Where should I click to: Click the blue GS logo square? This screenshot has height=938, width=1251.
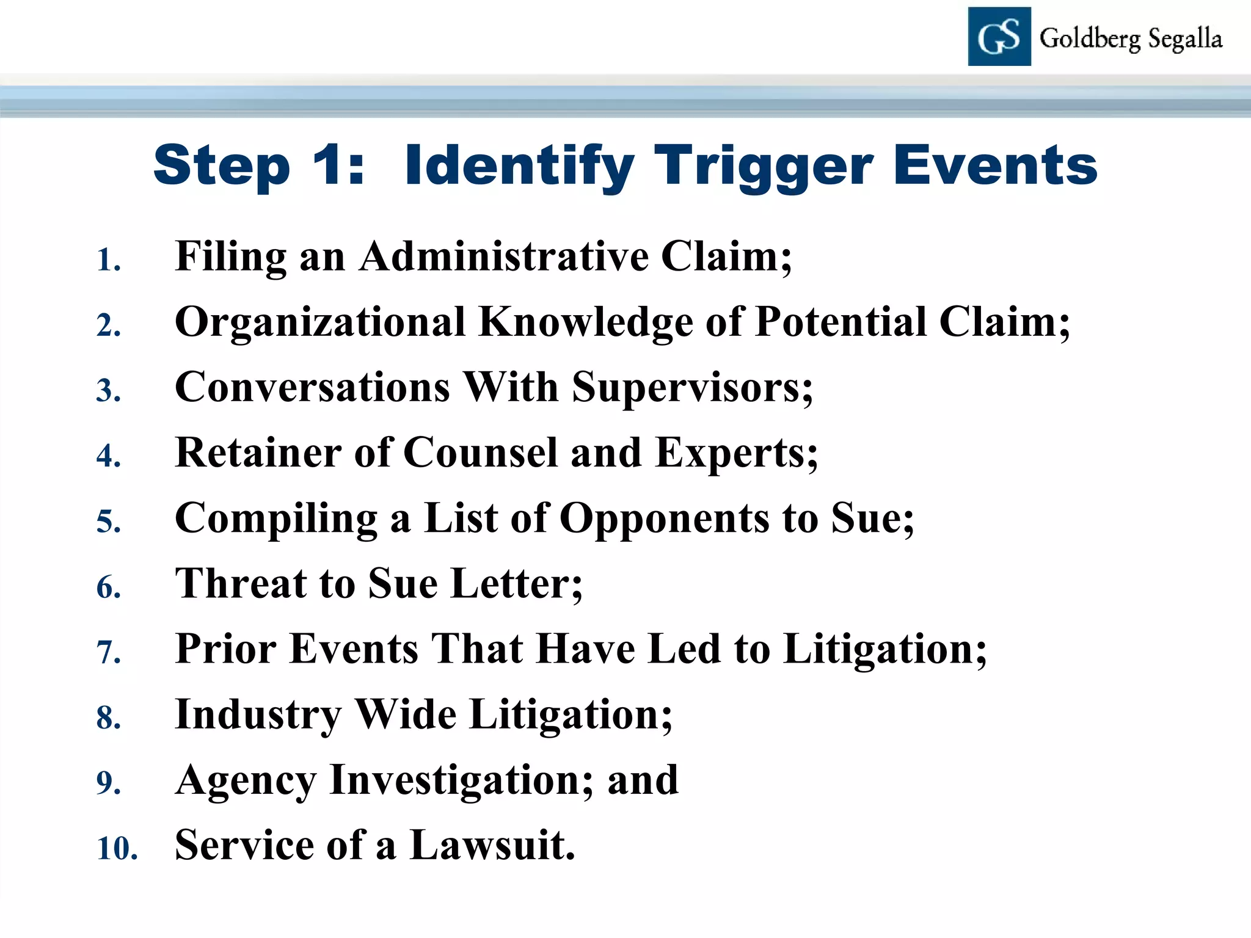(x=999, y=37)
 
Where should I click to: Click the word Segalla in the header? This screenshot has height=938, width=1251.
(x=1185, y=39)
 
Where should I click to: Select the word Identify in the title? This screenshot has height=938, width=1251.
(x=520, y=166)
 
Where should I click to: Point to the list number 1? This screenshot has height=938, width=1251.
(x=109, y=260)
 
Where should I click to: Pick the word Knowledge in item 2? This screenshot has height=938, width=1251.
(x=586, y=322)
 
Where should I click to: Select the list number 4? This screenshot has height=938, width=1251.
(x=109, y=456)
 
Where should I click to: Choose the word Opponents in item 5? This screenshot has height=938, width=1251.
(x=665, y=518)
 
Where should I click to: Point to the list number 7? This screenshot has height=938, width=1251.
(x=109, y=652)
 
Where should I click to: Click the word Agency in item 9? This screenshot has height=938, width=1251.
(x=246, y=780)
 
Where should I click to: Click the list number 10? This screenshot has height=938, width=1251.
(x=117, y=849)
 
